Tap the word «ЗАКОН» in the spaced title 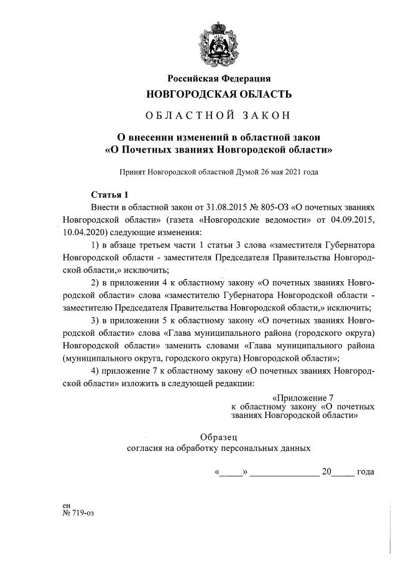click(263, 114)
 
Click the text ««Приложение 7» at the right click(304, 397)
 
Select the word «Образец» click(218, 436)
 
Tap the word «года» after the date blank click(366, 472)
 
